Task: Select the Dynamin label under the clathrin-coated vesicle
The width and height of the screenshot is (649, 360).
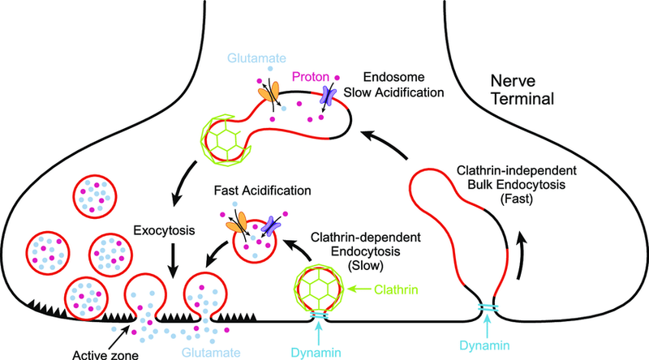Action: click(x=319, y=351)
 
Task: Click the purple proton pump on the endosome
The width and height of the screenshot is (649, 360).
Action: click(x=329, y=97)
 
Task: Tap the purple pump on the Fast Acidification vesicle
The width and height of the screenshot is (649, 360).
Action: click(x=269, y=230)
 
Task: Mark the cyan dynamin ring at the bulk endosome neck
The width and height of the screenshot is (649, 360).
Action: click(x=491, y=311)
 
